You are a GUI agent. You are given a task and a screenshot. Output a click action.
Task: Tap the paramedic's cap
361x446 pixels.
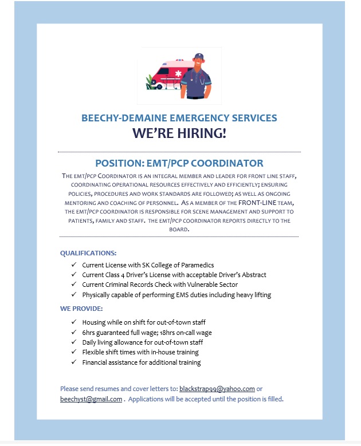point(199,56)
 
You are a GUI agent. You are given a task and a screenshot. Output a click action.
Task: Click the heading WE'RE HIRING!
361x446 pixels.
point(179,134)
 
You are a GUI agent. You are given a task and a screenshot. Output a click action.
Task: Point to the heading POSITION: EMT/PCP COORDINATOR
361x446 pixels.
point(179,163)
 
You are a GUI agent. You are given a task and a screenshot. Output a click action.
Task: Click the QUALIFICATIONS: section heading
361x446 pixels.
point(88,252)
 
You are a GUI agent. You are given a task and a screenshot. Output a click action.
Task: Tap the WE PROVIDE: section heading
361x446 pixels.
point(81,309)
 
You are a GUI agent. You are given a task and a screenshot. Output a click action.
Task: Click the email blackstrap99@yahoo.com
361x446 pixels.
point(217,389)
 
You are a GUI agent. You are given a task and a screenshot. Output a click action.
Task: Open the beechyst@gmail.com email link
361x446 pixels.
point(91,399)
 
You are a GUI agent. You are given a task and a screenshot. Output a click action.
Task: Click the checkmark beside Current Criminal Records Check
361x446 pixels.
point(73,285)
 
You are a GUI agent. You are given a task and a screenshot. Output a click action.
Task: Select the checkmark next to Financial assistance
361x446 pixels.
point(73,362)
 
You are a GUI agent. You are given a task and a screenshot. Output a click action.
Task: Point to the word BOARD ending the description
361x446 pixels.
point(179,229)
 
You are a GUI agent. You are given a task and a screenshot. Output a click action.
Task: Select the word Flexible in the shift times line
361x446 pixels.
point(93,352)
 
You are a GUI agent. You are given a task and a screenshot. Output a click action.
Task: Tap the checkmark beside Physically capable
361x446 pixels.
point(73,295)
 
